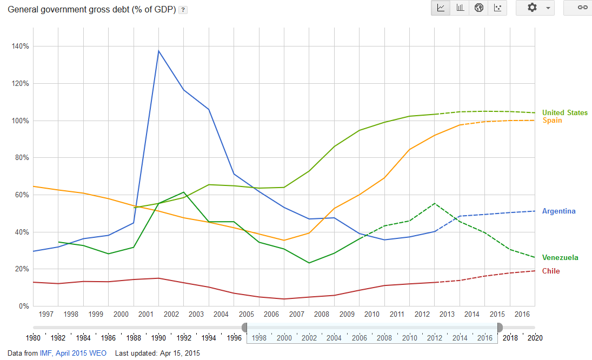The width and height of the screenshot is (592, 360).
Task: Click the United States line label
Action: coord(564,113)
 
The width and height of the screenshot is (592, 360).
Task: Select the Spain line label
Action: coord(552,121)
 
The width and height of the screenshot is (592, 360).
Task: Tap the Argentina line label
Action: coord(558,211)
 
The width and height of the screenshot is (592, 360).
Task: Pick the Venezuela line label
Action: coord(560,258)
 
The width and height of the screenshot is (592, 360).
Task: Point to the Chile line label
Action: coord(551,271)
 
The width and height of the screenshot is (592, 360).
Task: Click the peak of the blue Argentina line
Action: coord(158,51)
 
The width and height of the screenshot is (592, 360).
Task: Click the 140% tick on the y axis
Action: coord(20,46)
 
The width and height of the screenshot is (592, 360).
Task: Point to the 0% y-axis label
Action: coord(24,306)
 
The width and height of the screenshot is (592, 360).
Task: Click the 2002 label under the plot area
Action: coord(171,314)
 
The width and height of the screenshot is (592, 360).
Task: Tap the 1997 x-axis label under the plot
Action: coord(46,314)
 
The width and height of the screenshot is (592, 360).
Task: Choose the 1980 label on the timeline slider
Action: coord(34,338)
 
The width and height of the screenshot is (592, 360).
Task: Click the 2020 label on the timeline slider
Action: coord(535,338)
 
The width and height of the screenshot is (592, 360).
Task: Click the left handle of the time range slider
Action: coord(244,328)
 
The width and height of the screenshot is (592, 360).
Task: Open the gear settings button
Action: coord(535,8)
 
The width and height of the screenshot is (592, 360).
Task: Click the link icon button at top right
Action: coord(582,8)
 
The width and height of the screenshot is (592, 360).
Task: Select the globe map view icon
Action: coord(478,8)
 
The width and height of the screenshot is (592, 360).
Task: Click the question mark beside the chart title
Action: coord(183,10)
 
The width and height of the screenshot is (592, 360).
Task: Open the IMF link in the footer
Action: coord(45,353)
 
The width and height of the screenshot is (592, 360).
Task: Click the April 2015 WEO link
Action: coord(81,353)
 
